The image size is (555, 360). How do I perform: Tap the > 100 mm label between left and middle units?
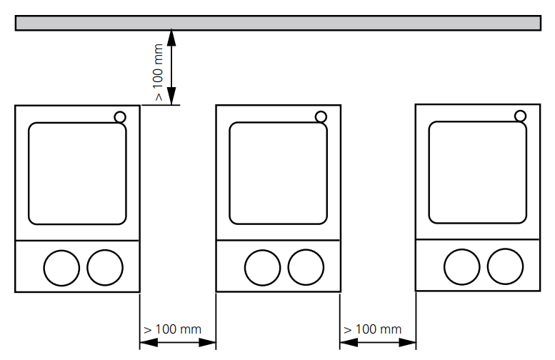click(173, 329)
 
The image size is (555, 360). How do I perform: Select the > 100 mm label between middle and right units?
click(373, 329)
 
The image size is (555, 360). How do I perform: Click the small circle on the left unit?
click(119, 117)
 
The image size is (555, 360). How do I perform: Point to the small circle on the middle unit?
click(321, 117)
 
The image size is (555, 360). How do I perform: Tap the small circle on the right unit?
click(521, 116)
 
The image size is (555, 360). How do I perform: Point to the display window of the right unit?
click(478, 172)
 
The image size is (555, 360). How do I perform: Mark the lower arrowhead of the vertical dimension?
click(171, 98)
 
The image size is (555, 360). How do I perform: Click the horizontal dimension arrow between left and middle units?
click(177, 344)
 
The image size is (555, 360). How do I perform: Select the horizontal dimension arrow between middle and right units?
click(377, 344)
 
